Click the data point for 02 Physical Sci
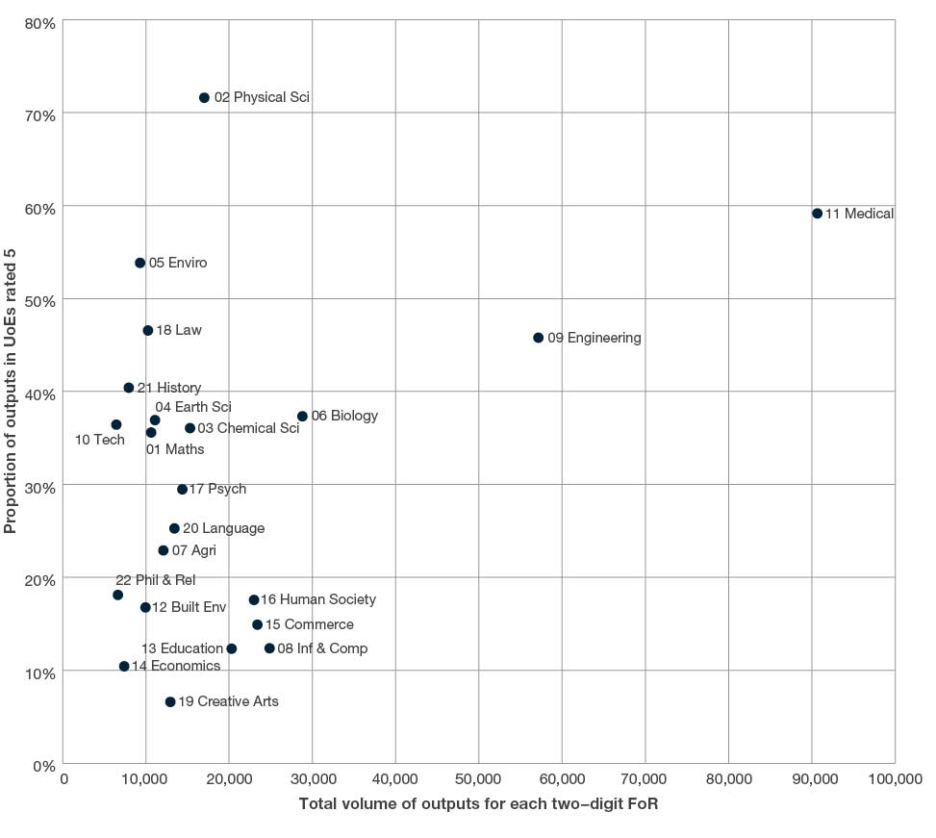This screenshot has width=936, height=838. [204, 98]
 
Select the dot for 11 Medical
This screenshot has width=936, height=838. [817, 214]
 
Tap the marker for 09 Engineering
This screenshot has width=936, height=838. [538, 338]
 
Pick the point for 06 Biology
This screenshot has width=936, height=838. [302, 417]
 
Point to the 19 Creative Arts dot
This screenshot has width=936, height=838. [170, 702]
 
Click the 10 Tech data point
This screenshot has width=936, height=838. [116, 424]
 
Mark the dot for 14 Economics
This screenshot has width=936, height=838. [124, 666]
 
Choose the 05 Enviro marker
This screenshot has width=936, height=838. [140, 263]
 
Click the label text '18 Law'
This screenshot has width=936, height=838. [179, 331]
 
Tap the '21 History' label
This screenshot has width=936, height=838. [169, 388]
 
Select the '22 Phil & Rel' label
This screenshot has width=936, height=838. [155, 580]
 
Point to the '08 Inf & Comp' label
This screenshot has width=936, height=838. [322, 648]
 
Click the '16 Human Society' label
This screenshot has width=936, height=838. [318, 599]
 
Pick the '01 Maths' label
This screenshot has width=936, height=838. [175, 449]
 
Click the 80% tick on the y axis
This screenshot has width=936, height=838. [41, 22]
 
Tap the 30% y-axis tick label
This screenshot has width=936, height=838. [41, 487]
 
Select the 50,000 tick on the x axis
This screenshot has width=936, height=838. [479, 779]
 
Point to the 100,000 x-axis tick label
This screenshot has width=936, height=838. [894, 779]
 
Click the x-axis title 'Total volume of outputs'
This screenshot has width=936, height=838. [478, 804]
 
